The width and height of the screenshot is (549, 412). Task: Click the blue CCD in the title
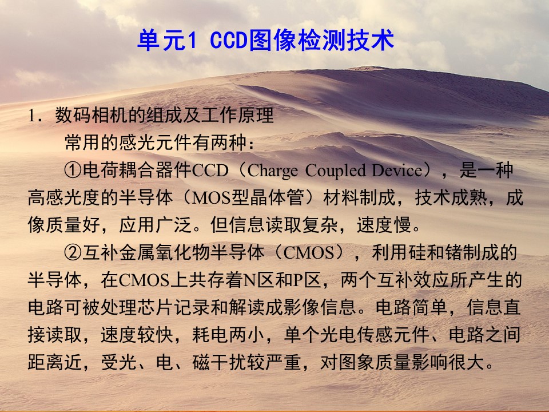(x=229, y=40)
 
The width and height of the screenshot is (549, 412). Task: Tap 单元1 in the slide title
(x=168, y=40)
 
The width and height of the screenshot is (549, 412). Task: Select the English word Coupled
(x=336, y=171)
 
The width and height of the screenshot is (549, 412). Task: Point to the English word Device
(x=397, y=171)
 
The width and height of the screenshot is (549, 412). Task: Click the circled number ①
(x=73, y=171)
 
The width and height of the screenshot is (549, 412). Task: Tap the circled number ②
(x=73, y=252)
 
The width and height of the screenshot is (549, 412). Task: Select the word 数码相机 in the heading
(x=91, y=115)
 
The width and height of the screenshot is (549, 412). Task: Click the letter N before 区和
(x=250, y=280)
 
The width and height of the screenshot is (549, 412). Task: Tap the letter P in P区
(x=298, y=280)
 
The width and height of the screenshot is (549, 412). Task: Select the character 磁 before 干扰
(x=201, y=362)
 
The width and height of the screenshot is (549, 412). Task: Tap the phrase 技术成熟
(x=451, y=198)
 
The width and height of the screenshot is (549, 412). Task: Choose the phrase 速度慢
(x=384, y=225)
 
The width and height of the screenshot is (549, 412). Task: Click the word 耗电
(x=210, y=335)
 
